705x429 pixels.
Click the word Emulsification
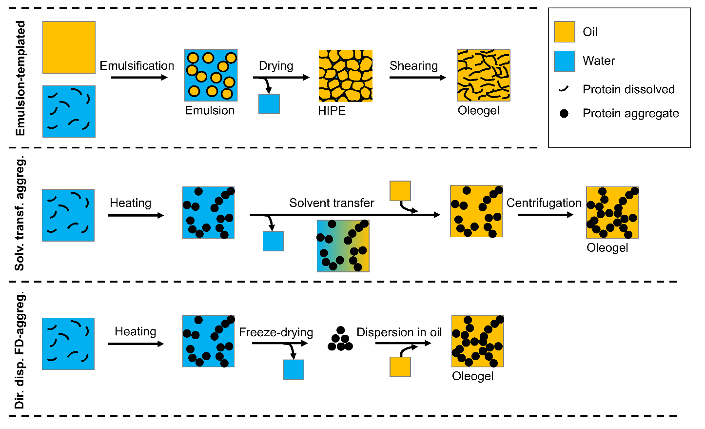click(137, 66)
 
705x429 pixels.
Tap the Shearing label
click(413, 66)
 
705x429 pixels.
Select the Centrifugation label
click(544, 203)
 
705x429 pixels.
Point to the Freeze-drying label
click(276, 332)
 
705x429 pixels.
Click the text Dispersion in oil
click(399, 332)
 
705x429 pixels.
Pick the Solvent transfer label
click(332, 203)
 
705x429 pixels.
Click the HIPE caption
click(332, 111)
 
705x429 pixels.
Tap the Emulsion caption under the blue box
click(210, 111)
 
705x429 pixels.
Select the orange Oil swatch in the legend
click(565, 32)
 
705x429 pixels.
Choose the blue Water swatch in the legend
click(565, 61)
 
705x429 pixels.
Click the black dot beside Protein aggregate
click(564, 114)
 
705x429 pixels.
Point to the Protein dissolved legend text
click(628, 89)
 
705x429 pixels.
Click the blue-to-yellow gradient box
click(343, 246)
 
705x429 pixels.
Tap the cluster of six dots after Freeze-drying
click(340, 339)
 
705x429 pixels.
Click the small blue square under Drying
click(269, 104)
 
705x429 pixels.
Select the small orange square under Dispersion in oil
click(400, 367)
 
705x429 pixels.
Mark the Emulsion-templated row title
click(20, 78)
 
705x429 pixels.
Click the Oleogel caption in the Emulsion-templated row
click(478, 111)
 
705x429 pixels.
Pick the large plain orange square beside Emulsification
click(69, 47)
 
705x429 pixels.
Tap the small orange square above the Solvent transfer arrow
click(400, 191)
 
